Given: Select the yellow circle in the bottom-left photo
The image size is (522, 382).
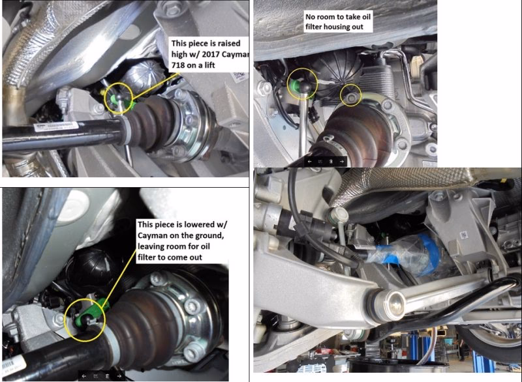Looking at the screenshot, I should pyautogui.click(x=84, y=319).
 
